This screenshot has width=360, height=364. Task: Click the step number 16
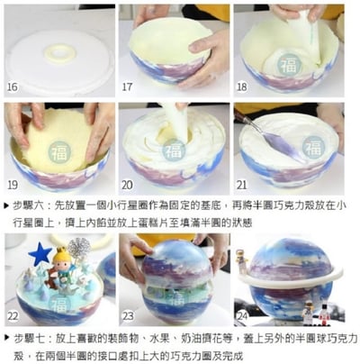coord(12,87)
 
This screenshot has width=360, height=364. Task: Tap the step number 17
coord(129,87)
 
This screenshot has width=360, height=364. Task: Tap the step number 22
coord(13,316)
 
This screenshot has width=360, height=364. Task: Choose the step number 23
coord(129,316)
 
